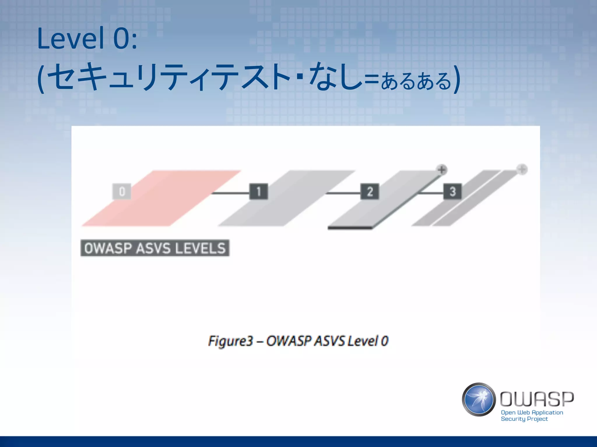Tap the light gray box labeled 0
(122, 191)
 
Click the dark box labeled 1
(259, 191)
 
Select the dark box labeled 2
(370, 191)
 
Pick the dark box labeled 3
(452, 191)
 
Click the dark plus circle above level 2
(442, 170)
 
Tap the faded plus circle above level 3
(522, 169)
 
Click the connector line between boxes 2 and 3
(431, 193)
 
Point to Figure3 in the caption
(230, 341)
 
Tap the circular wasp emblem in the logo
(479, 400)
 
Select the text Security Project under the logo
(524, 419)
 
